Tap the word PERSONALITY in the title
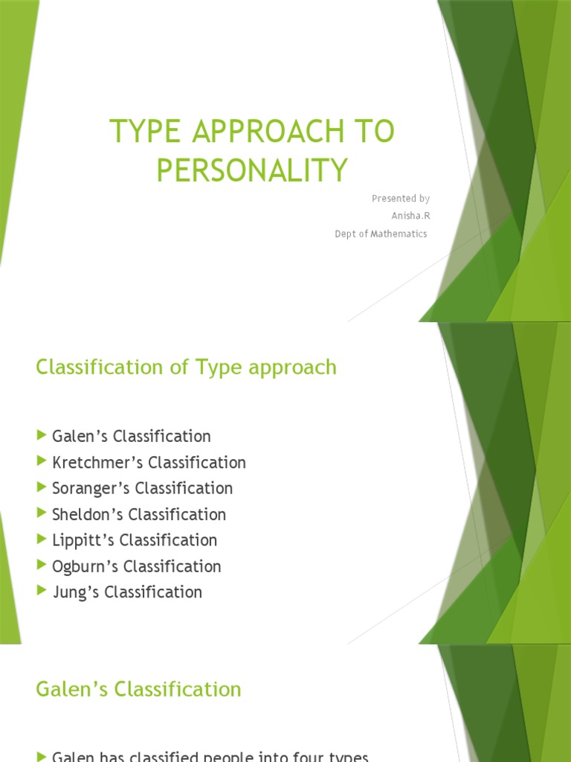pos(252,170)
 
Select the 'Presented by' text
pos(401,198)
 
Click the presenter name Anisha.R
pos(410,216)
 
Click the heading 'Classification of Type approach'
pos(186,367)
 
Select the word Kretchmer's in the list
pos(98,463)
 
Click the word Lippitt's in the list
pos(84,541)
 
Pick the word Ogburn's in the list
pos(86,567)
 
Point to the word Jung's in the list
pos(74,593)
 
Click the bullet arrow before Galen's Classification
pos(42,435)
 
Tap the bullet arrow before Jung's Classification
pos(42,592)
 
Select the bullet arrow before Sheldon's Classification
pos(42,513)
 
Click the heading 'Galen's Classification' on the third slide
pos(138,689)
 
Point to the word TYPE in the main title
pos(141,133)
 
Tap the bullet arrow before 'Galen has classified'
pos(42,757)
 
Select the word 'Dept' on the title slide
pos(346,234)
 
